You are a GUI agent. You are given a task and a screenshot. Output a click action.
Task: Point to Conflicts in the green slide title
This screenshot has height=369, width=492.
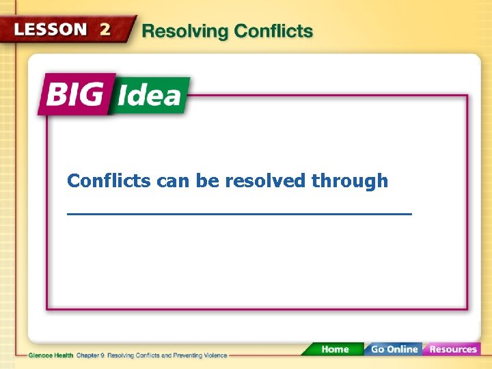[x=273, y=31]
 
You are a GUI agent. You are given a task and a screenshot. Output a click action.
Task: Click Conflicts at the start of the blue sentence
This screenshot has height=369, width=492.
[x=109, y=181]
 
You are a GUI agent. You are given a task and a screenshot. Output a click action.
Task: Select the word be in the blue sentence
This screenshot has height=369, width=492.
[x=207, y=181]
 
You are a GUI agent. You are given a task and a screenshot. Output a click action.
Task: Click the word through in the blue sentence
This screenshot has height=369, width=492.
[x=349, y=181]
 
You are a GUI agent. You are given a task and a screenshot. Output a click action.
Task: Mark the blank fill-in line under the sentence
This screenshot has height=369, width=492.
[x=239, y=214]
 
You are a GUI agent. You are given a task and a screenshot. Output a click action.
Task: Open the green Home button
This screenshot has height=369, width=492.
[x=334, y=349]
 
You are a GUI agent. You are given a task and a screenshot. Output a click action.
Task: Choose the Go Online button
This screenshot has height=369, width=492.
[x=394, y=349]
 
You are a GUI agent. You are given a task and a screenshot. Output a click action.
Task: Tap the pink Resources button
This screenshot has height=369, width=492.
[x=452, y=349]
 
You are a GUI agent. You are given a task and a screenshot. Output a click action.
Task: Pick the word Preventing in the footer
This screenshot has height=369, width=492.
[x=182, y=356]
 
